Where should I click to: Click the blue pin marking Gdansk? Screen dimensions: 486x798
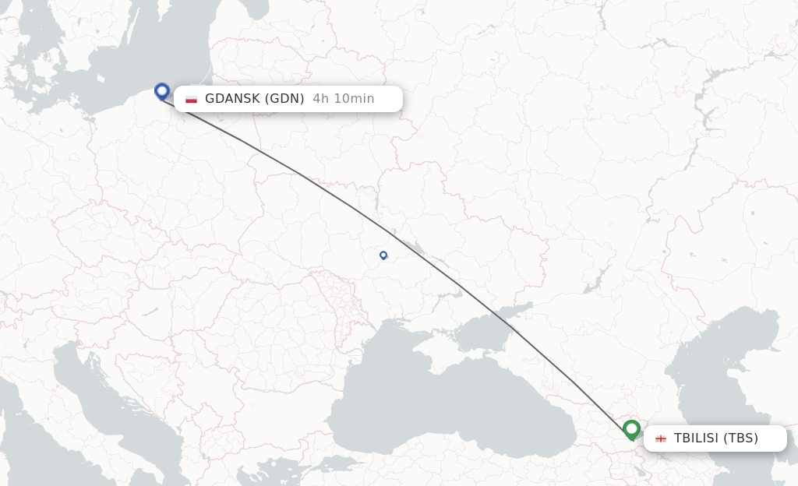coord(162,91)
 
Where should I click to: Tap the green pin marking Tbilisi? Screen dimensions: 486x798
coord(631,429)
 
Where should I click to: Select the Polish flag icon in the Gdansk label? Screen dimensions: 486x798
coord(191,99)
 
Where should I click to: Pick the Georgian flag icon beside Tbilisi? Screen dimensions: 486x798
coord(661,438)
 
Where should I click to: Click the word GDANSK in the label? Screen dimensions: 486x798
coord(232,99)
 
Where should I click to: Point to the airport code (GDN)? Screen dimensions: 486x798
coord(284,99)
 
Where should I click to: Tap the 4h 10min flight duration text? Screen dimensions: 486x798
coord(344,99)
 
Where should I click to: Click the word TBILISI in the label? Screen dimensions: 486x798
coord(696,438)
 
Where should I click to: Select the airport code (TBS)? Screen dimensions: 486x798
coord(740,438)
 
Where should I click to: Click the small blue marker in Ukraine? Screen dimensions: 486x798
coord(383,255)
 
